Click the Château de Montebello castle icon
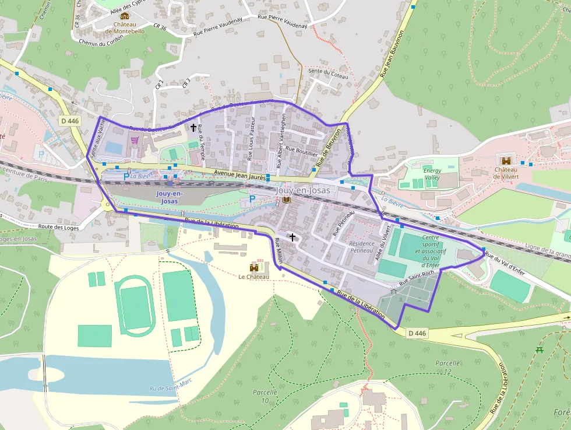124,16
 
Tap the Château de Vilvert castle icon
505,160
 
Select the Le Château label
253,277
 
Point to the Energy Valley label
432,174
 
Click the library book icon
286,200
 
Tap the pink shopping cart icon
135,141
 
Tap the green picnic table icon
540,349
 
